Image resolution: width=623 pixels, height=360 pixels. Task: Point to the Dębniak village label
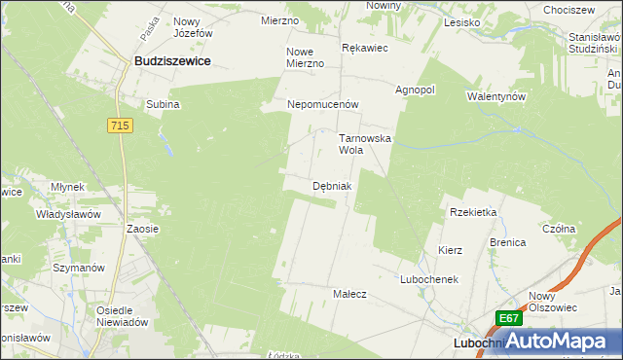click(332, 185)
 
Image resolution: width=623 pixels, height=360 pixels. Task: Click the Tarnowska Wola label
click(364, 145)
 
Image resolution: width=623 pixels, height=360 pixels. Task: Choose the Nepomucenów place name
click(323, 104)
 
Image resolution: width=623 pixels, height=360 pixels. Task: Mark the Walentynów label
click(496, 97)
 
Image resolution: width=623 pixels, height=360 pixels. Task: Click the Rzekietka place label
click(474, 212)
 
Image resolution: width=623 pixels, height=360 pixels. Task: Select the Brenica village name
click(507, 242)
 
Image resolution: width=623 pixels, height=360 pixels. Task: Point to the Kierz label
click(450, 250)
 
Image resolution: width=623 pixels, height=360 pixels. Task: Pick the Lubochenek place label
click(428, 279)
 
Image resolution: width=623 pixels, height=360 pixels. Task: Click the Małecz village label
click(349, 294)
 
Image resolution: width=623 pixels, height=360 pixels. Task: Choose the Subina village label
click(164, 105)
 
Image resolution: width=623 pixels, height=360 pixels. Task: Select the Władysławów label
click(69, 214)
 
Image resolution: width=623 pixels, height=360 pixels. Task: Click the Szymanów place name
click(79, 268)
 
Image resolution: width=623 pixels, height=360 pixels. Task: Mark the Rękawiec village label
click(366, 47)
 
